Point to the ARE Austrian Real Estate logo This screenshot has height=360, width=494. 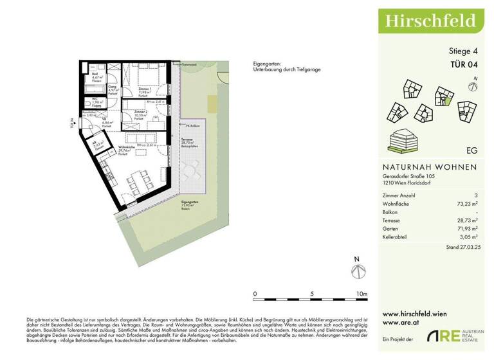457,337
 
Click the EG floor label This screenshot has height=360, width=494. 471,151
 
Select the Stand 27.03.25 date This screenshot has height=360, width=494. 461,248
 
